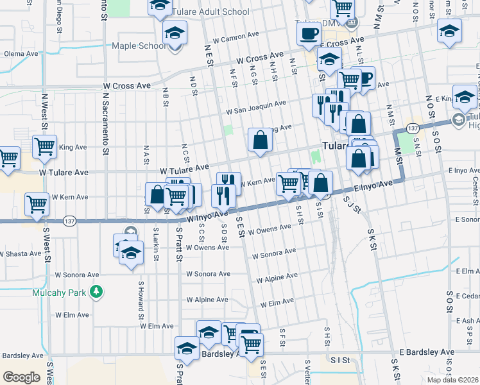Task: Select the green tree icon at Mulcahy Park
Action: [x=96, y=293]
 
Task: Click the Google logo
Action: [x=21, y=377]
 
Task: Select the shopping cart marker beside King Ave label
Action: [x=45, y=146]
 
